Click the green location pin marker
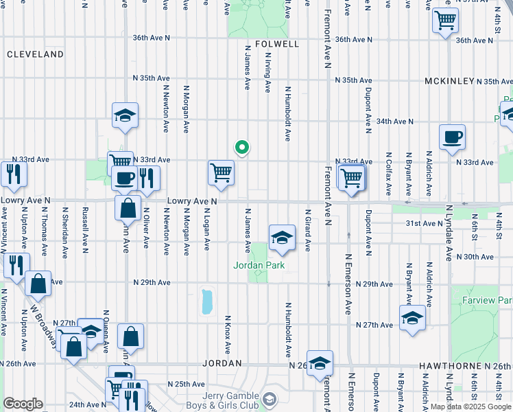point(241,147)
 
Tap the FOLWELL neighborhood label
point(277,44)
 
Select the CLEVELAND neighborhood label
point(35,54)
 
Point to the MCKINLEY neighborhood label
point(449,81)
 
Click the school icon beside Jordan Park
point(281,238)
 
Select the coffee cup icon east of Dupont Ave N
point(452,138)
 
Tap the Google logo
point(23,404)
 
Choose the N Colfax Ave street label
point(388,172)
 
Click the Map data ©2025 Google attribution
point(470,407)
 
